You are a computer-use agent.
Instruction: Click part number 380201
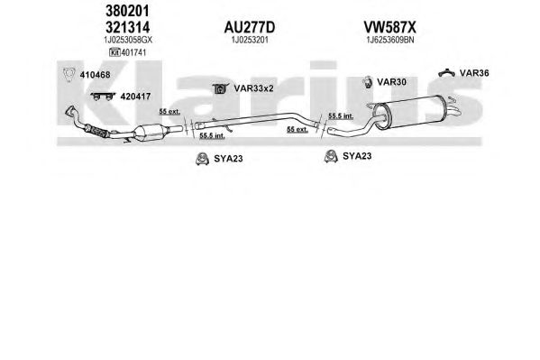[x=127, y=11]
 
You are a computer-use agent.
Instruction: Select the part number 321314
[x=127, y=27]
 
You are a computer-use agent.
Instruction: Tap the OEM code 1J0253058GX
[x=128, y=40]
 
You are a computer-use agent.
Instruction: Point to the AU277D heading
[x=250, y=27]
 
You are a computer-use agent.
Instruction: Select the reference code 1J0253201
[x=250, y=40]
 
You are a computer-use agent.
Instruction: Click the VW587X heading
[x=389, y=27]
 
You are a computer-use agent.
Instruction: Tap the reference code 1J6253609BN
[x=389, y=40]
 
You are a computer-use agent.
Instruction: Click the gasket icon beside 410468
[x=69, y=75]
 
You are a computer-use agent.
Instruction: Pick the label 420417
[x=135, y=97]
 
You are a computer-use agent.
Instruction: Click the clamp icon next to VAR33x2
[x=220, y=88]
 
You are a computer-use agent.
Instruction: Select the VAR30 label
[x=391, y=82]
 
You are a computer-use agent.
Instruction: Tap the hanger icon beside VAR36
[x=446, y=72]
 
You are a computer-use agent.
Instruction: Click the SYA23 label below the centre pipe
[x=228, y=159]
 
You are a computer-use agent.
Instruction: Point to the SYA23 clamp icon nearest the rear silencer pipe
[x=331, y=156]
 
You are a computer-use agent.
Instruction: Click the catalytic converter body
[x=148, y=133]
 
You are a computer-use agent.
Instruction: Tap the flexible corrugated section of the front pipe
[x=97, y=132]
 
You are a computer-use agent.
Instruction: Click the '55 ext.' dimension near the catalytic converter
[x=169, y=112]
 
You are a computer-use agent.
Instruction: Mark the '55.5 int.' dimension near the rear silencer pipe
[x=341, y=115]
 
